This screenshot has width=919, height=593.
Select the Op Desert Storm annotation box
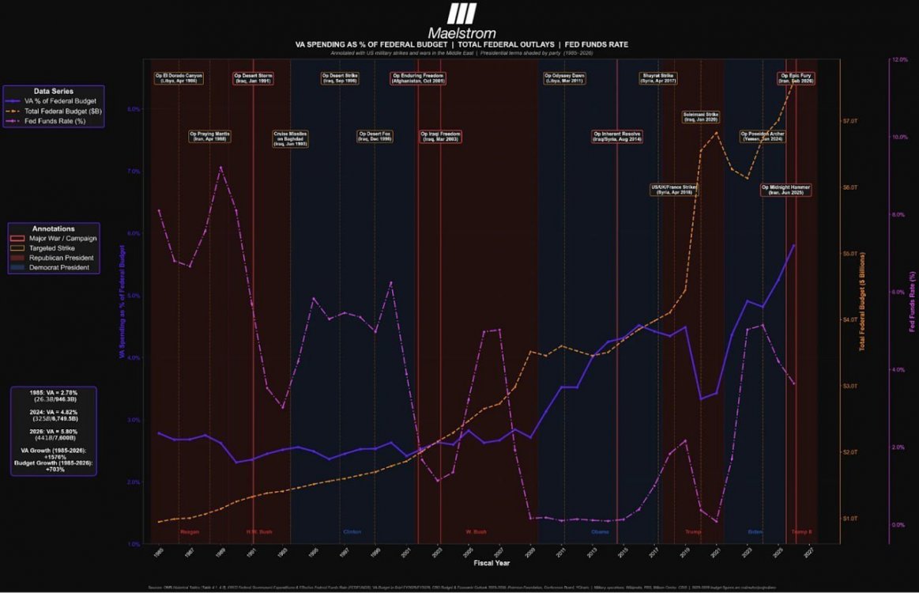[253, 78]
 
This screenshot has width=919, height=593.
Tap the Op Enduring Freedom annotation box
[418, 78]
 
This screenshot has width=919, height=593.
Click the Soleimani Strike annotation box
[701, 117]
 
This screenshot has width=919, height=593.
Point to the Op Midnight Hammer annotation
[786, 190]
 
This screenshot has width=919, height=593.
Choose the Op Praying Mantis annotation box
[210, 136]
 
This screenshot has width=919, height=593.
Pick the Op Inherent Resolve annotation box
[617, 136]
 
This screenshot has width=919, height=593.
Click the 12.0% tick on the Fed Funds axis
[899, 60]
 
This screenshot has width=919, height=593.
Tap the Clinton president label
[352, 531]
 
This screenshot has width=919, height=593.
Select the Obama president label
[601, 531]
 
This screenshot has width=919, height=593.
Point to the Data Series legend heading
[53, 91]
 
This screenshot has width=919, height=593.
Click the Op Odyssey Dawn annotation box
[564, 78]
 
